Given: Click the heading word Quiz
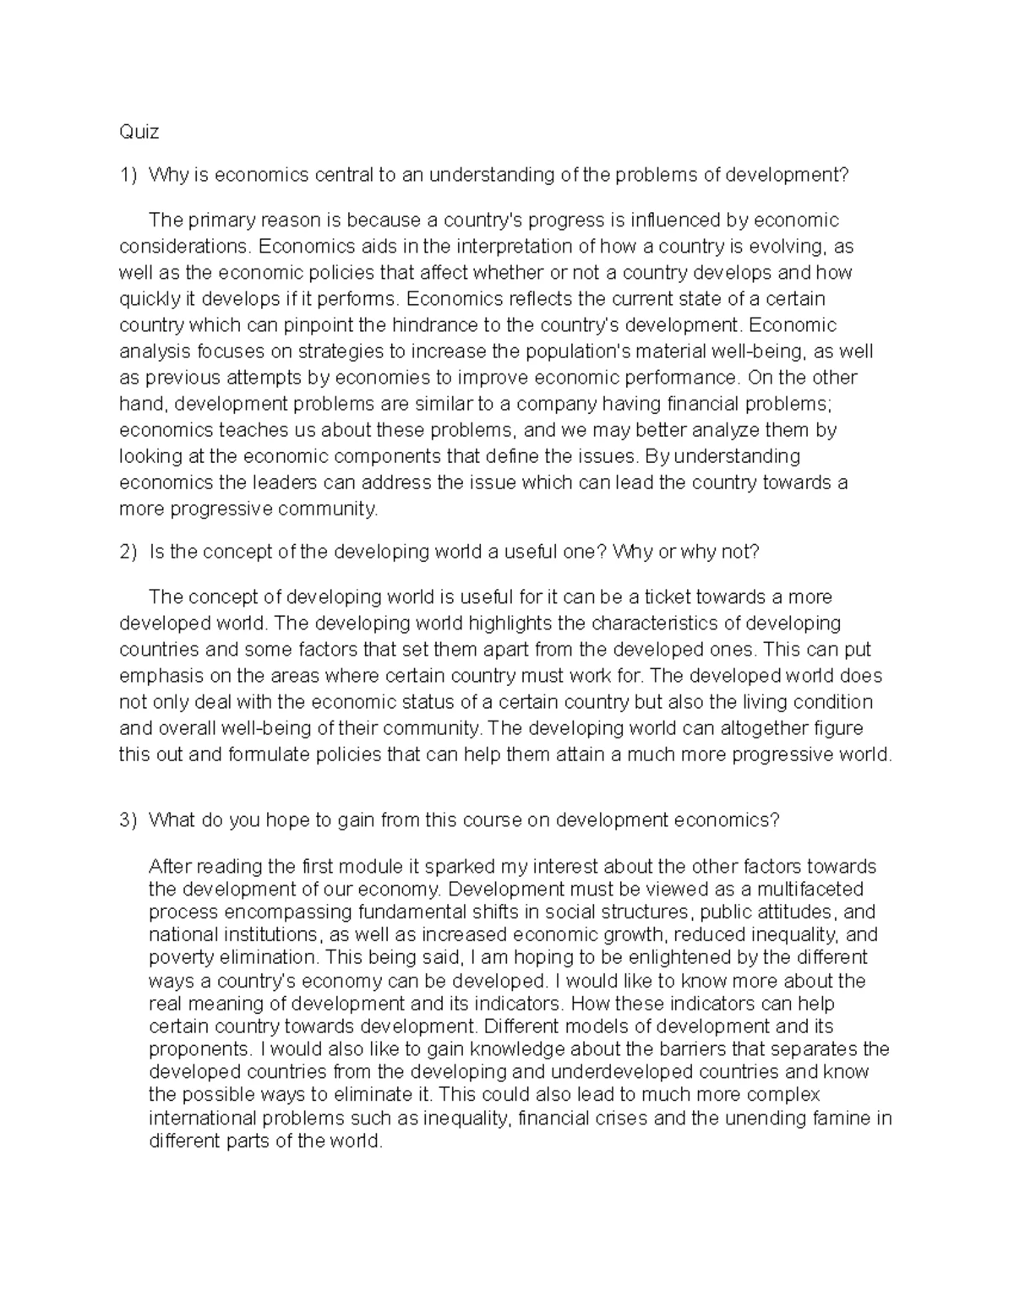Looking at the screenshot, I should [139, 132].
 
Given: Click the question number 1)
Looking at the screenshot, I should [128, 175].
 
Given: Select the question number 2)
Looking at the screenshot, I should [128, 552].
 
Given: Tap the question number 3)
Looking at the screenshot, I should [128, 820].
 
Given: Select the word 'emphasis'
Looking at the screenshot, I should [156, 676].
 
